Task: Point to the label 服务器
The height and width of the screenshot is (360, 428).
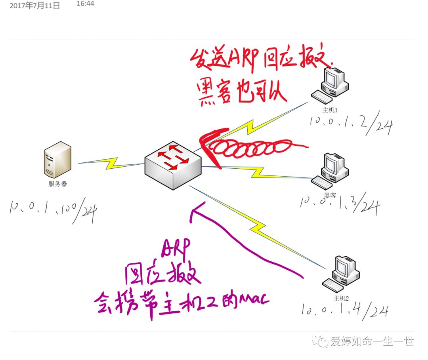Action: tap(57, 184)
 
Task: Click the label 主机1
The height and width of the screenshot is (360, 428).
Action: tap(330, 110)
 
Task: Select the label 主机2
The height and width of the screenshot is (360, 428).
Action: tap(341, 298)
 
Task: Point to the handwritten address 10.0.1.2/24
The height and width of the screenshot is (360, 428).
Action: tap(351, 123)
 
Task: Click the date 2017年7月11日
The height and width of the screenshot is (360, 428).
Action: tap(35, 6)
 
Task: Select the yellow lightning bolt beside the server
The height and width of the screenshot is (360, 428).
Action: tap(111, 163)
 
